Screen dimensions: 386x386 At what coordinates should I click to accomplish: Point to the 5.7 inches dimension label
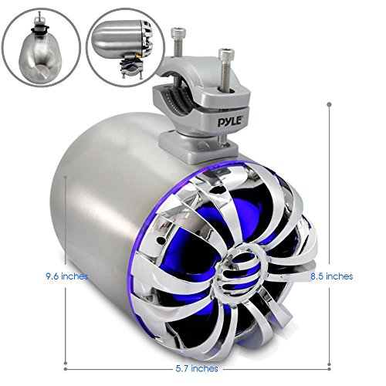click(x=194, y=368)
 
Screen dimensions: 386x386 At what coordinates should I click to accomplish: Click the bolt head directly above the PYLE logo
click(x=226, y=56)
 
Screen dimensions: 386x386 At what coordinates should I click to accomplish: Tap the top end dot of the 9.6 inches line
click(x=70, y=175)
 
